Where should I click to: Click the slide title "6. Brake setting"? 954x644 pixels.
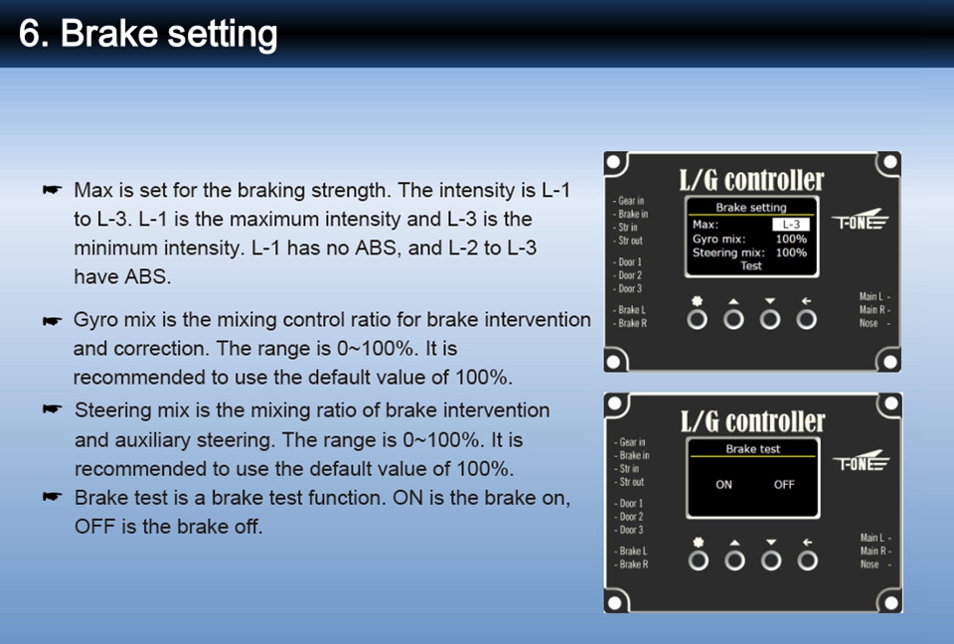(x=148, y=34)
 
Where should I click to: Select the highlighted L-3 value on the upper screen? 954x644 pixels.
(x=791, y=225)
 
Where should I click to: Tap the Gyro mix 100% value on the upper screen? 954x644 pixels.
(x=791, y=239)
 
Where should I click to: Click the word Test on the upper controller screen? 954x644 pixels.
(x=751, y=266)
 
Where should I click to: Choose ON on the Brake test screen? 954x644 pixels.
(x=723, y=485)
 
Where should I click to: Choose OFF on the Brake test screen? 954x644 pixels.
(x=784, y=485)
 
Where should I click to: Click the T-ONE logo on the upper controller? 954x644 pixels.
(x=860, y=221)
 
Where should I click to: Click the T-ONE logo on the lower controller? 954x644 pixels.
(x=861, y=462)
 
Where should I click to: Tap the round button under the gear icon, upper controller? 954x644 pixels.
(x=698, y=320)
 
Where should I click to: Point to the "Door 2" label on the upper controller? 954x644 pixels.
(x=628, y=275)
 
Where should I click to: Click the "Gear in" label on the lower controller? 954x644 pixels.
(x=630, y=442)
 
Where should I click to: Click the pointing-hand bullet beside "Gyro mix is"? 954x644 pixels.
(x=53, y=320)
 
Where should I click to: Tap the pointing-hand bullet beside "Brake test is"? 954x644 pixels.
(x=53, y=497)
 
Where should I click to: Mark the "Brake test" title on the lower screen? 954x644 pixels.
(x=752, y=449)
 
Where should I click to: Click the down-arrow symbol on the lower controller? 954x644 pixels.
(x=771, y=542)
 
